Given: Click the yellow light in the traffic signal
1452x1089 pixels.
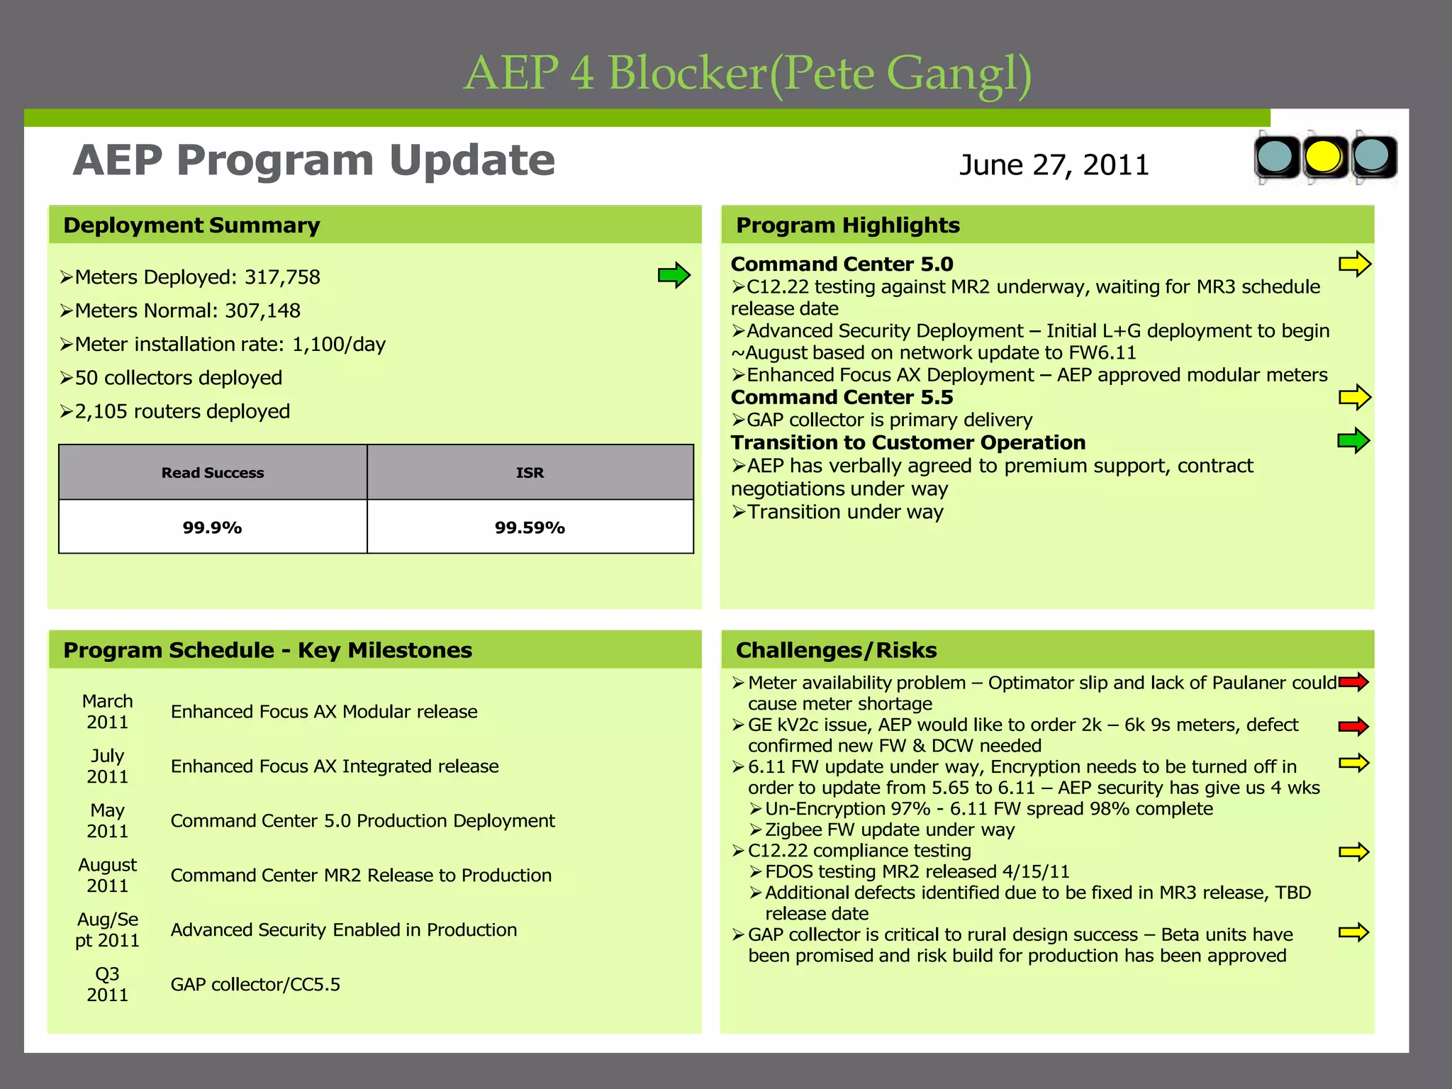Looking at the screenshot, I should coord(1324,157).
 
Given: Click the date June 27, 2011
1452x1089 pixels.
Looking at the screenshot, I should coord(1054,165).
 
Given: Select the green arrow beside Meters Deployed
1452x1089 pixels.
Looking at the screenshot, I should coord(674,275).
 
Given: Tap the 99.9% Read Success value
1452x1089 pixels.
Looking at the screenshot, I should coord(213,527).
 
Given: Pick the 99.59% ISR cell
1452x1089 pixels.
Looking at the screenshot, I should coord(530,527).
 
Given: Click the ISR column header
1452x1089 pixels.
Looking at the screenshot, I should coord(530,473).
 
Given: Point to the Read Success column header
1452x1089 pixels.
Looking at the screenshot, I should coord(213,473).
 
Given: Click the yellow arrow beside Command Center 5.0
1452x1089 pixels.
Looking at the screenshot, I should coord(1354,264).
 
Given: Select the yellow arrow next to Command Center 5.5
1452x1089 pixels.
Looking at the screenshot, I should coord(1354,397).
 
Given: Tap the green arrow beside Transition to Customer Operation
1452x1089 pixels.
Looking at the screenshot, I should coord(1353,441).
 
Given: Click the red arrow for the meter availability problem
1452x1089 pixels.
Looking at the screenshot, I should coord(1353,683).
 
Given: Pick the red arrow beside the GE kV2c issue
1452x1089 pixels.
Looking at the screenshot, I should coord(1353,726).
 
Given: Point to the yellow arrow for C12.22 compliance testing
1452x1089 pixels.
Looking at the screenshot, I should coord(1353,851).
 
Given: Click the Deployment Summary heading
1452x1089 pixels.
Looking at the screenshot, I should coord(191,225).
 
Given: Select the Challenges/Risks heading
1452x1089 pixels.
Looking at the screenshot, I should coord(836,650).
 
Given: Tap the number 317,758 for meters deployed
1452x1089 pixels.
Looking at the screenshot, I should coord(282,277).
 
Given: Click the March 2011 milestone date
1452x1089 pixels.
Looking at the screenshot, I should coord(108,712).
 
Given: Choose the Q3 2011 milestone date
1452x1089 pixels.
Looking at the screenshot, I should coord(108,985).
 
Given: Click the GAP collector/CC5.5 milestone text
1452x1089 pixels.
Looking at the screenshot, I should coord(255,985).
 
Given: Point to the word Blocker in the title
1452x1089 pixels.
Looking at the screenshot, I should coord(688,73).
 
